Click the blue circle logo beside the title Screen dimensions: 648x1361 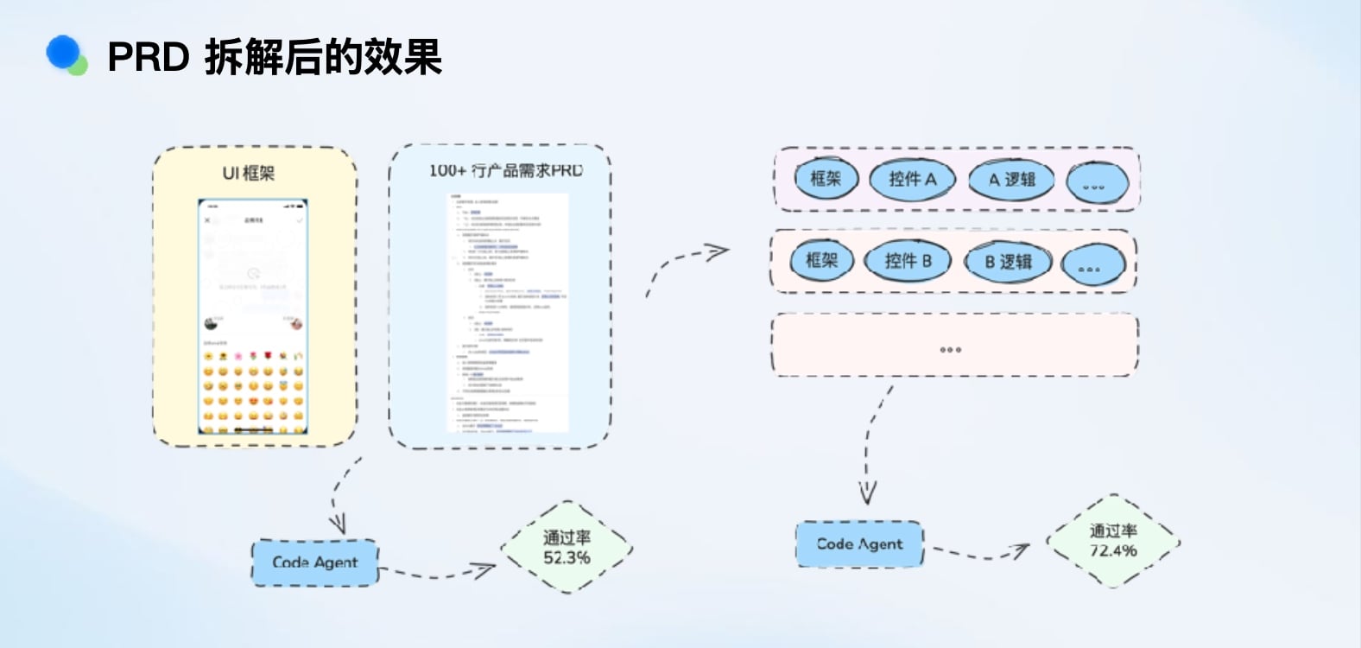(x=64, y=54)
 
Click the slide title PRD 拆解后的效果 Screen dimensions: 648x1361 (x=275, y=57)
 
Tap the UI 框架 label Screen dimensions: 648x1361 (x=249, y=173)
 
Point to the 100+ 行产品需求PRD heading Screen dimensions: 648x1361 (x=506, y=170)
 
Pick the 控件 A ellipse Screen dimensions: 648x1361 (x=912, y=179)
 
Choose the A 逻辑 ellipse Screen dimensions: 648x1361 (x=1012, y=180)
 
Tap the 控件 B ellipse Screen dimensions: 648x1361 (x=907, y=260)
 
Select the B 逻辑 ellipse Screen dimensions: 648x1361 (x=1008, y=261)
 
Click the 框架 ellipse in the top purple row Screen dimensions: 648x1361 (x=826, y=178)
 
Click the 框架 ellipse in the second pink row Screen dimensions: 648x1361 (x=821, y=259)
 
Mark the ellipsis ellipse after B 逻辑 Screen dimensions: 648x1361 (x=1092, y=266)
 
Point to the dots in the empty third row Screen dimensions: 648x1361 (x=950, y=350)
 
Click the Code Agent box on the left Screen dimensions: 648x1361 (x=315, y=562)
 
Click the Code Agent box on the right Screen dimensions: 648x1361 (x=859, y=543)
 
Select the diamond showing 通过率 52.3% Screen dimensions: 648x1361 (x=567, y=547)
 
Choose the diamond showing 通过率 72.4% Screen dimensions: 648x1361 (x=1113, y=541)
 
